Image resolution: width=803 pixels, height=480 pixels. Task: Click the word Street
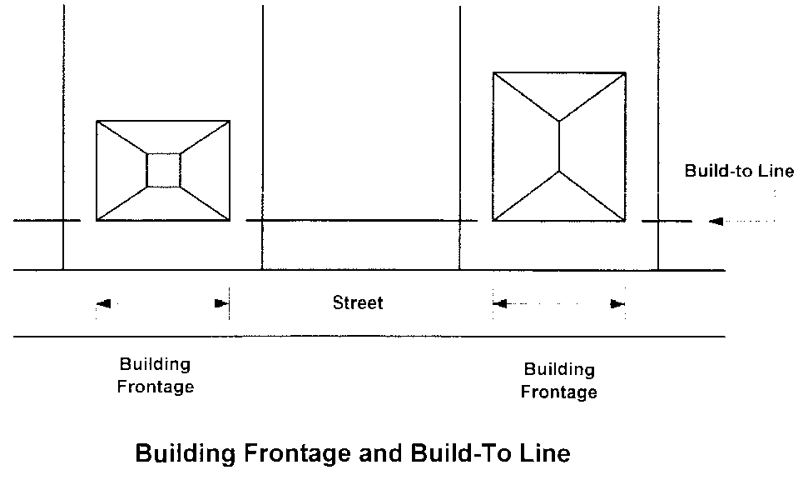[358, 302]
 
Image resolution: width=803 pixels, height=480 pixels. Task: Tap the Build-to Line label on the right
[739, 171]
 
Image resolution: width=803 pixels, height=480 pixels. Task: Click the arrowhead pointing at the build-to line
[716, 222]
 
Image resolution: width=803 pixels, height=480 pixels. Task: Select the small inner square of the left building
[163, 170]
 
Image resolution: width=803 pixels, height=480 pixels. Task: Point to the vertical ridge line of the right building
[559, 147]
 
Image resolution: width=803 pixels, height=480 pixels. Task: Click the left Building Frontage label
[156, 376]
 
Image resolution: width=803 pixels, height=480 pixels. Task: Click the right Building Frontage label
[558, 381]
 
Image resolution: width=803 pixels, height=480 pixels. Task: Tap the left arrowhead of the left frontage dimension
[102, 304]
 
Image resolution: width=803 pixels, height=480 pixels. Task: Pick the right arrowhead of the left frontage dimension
[221, 304]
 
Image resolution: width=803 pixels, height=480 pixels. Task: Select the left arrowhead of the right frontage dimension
[499, 304]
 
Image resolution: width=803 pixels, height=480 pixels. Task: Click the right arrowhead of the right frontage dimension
[617, 304]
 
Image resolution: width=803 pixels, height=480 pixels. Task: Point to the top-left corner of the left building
[97, 122]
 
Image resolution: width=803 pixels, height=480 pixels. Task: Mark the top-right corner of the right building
[626, 73]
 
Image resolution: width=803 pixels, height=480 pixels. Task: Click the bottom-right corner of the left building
[230, 221]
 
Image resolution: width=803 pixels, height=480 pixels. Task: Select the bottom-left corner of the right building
[493, 221]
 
